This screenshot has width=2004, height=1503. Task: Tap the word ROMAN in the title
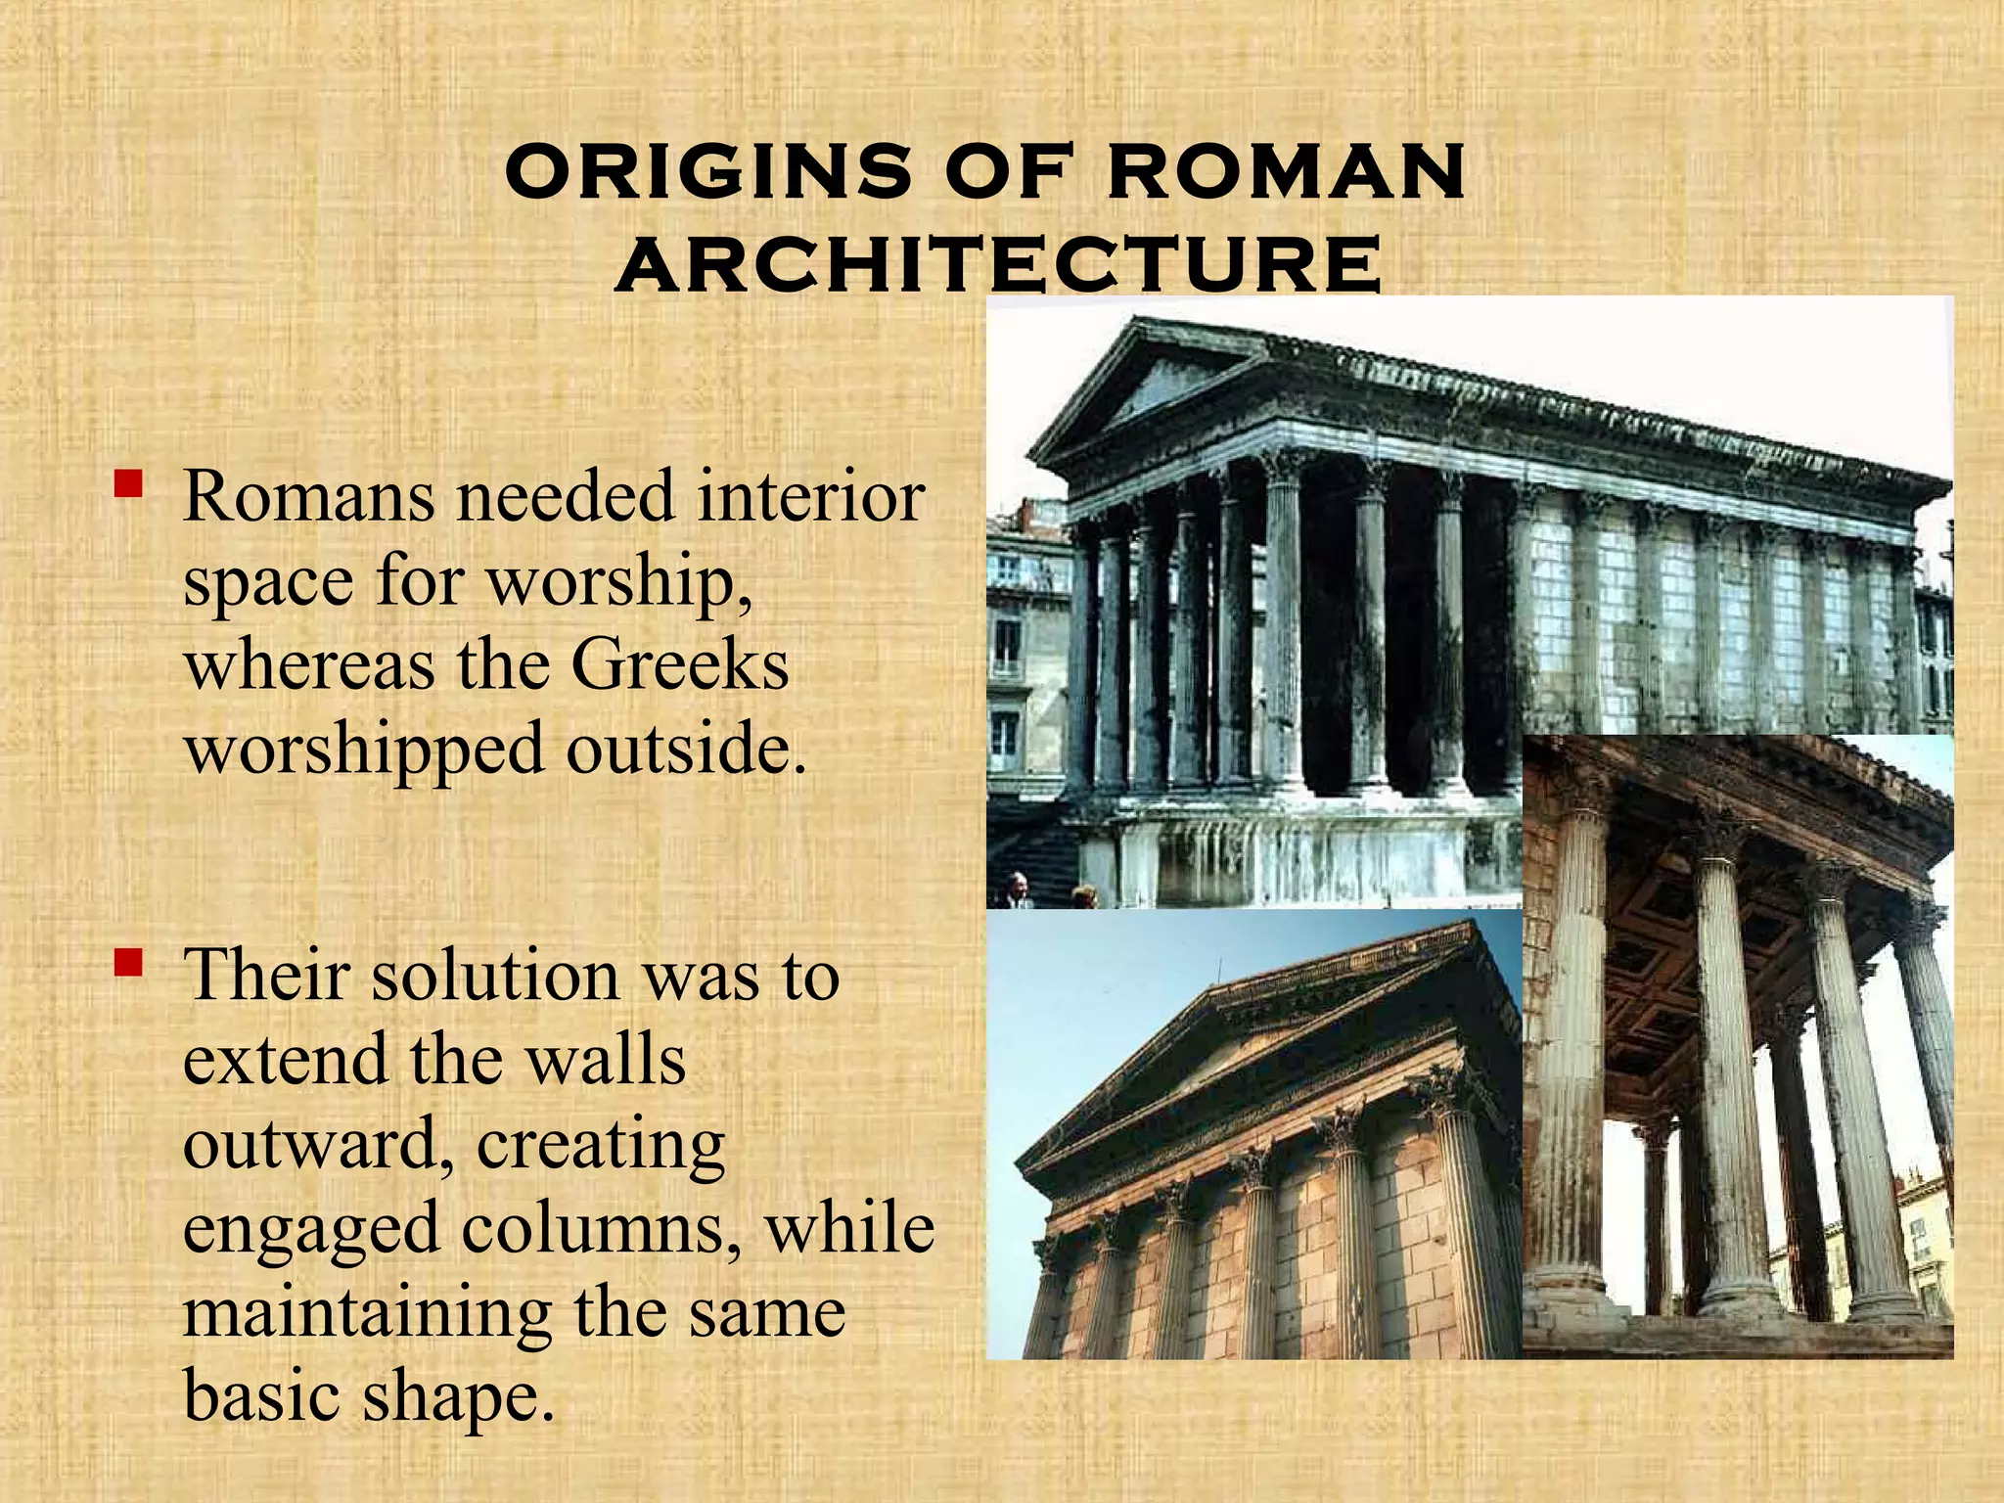point(1285,170)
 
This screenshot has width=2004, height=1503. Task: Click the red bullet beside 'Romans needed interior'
point(128,483)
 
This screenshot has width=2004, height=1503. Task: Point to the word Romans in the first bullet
point(308,496)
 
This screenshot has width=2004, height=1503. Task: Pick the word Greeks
point(679,665)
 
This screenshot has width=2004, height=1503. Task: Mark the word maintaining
point(367,1313)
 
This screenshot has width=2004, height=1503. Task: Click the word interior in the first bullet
point(811,496)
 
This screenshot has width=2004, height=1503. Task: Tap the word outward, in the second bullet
point(319,1144)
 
